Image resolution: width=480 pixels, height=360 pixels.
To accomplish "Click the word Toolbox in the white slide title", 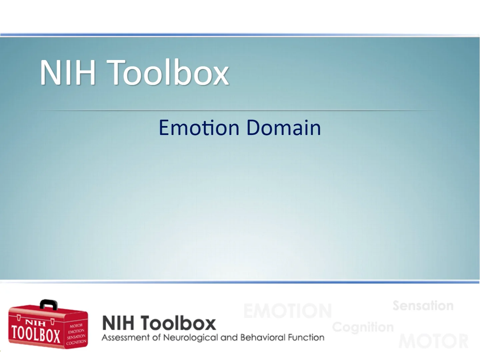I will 169,72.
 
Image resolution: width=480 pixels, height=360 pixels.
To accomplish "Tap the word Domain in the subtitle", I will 284,128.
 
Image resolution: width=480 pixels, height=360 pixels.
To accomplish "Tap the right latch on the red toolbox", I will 52,321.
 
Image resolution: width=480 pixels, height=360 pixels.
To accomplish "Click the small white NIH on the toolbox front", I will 36,322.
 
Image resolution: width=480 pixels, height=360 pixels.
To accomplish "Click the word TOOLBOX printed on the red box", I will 36,334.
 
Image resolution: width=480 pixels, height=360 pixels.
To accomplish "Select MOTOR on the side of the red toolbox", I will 76,325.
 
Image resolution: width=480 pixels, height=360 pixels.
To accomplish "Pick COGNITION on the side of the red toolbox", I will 76,342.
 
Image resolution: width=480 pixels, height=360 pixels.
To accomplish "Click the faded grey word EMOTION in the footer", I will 287,311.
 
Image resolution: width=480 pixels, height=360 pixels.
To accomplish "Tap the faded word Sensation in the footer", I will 423,306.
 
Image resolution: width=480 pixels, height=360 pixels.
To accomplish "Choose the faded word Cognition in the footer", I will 363,327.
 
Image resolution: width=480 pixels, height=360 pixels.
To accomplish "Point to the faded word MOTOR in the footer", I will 433,341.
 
